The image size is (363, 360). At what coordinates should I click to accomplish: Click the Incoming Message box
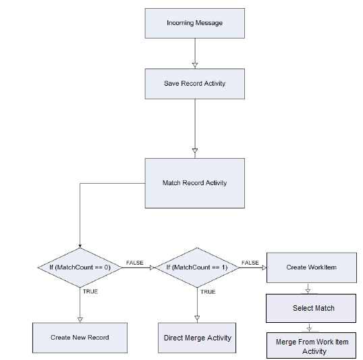click(195, 23)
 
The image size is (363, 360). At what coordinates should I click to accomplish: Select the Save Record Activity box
click(195, 84)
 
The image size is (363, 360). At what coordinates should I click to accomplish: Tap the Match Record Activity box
click(195, 183)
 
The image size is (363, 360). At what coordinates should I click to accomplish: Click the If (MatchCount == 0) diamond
click(80, 267)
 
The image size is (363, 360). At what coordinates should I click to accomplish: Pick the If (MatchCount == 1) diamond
click(197, 267)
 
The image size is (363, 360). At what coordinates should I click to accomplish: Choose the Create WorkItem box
click(312, 267)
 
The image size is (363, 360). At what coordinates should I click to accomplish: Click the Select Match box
click(311, 308)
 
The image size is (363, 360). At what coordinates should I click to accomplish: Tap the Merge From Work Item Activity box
click(311, 345)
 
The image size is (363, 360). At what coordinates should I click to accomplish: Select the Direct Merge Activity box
click(197, 338)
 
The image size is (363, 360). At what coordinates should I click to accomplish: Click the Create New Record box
click(80, 338)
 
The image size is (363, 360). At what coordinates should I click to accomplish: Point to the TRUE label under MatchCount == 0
click(90, 291)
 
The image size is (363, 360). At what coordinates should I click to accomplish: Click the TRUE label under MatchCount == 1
click(208, 292)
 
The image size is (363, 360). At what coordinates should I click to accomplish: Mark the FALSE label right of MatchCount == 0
click(135, 263)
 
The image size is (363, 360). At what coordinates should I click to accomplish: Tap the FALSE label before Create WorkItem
click(250, 263)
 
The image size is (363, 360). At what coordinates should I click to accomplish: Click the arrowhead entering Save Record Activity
click(195, 66)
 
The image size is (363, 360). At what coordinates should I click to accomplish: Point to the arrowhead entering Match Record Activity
click(195, 151)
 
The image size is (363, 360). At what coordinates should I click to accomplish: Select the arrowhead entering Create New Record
click(80, 320)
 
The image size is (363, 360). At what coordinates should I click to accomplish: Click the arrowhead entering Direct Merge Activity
click(197, 318)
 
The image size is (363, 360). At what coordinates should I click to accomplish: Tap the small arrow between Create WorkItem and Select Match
click(308, 288)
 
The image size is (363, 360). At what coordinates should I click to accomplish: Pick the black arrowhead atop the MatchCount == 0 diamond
click(80, 246)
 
